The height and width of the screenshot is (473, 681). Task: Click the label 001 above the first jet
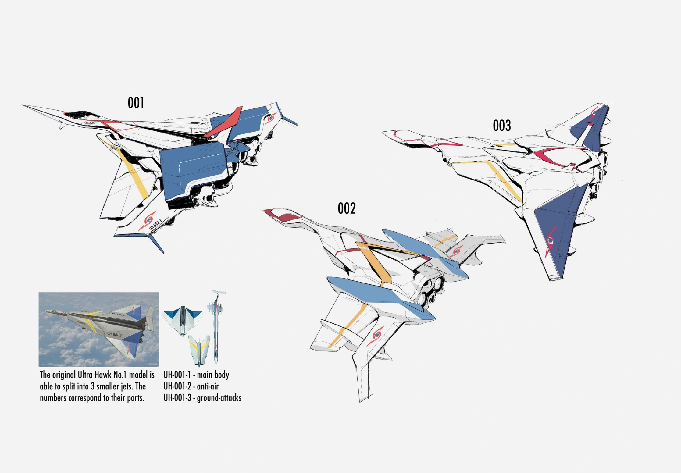coord(136,103)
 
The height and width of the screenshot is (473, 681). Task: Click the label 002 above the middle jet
coord(347,208)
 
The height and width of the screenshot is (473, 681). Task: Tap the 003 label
coord(502,126)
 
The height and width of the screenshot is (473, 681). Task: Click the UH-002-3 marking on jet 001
coord(155,225)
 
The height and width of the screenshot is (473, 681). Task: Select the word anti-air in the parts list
coord(208,386)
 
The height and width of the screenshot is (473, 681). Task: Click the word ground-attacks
coord(219,398)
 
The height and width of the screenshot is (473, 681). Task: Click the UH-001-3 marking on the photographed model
coord(114,335)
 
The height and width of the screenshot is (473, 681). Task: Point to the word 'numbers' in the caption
coord(53,398)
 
